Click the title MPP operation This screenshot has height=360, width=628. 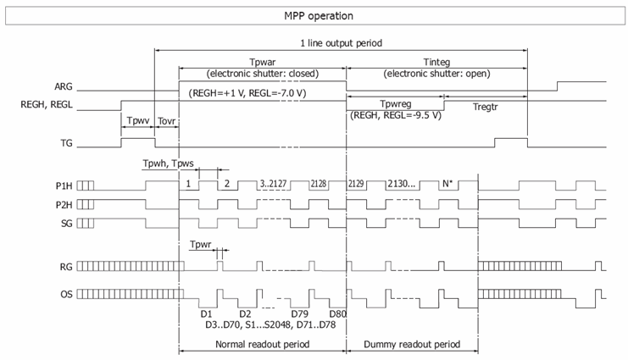[319, 16]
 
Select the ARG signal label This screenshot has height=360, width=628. [64, 86]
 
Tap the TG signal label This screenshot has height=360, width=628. [66, 143]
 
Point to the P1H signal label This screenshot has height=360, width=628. [64, 186]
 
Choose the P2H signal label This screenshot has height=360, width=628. [64, 205]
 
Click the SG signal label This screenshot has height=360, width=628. [66, 224]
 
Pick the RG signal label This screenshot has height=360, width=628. [66, 267]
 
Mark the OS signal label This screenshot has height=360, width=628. [66, 294]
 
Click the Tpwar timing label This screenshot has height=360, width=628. [263, 62]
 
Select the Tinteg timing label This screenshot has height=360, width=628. [436, 62]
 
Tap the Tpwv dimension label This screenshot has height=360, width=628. [138, 120]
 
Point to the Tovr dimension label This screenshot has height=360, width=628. [167, 121]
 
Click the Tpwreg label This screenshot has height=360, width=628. [395, 104]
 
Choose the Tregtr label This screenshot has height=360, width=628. [485, 107]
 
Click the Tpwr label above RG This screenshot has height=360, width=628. [200, 244]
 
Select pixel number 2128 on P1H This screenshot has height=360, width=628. [319, 184]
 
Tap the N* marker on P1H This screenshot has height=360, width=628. [447, 184]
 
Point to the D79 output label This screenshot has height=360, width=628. [299, 313]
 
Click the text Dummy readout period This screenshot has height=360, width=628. [412, 345]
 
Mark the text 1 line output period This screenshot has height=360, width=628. [342, 43]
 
